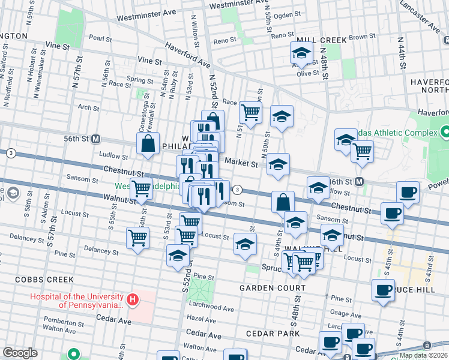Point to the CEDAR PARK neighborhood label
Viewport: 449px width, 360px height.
pyautogui.click(x=277, y=333)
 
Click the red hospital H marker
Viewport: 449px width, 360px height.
pyautogui.click(x=133, y=298)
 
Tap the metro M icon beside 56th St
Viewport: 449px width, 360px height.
pyautogui.click(x=95, y=139)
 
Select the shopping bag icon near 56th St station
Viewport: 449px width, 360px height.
pyautogui.click(x=148, y=144)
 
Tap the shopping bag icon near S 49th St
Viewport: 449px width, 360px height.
pyautogui.click(x=283, y=202)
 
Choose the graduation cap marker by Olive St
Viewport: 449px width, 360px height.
pyautogui.click(x=301, y=53)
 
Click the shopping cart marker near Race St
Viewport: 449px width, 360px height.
pyautogui.click(x=250, y=112)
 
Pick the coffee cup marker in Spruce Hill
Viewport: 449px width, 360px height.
pyautogui.click(x=383, y=291)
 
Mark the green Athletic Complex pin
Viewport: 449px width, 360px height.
pyautogui.click(x=445, y=131)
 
